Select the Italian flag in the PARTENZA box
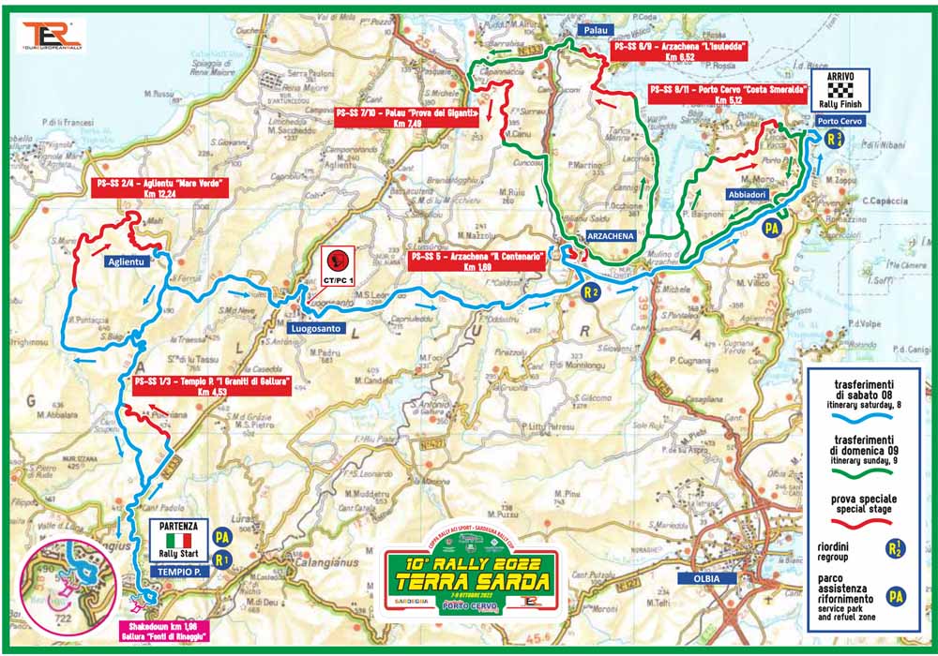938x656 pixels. coord(178,541)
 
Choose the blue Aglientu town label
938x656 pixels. coord(126,263)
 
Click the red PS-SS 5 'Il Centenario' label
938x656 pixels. coord(477,260)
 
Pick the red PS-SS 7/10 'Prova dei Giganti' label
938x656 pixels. coord(406,117)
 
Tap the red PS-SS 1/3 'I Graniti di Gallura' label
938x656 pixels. coord(209,386)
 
